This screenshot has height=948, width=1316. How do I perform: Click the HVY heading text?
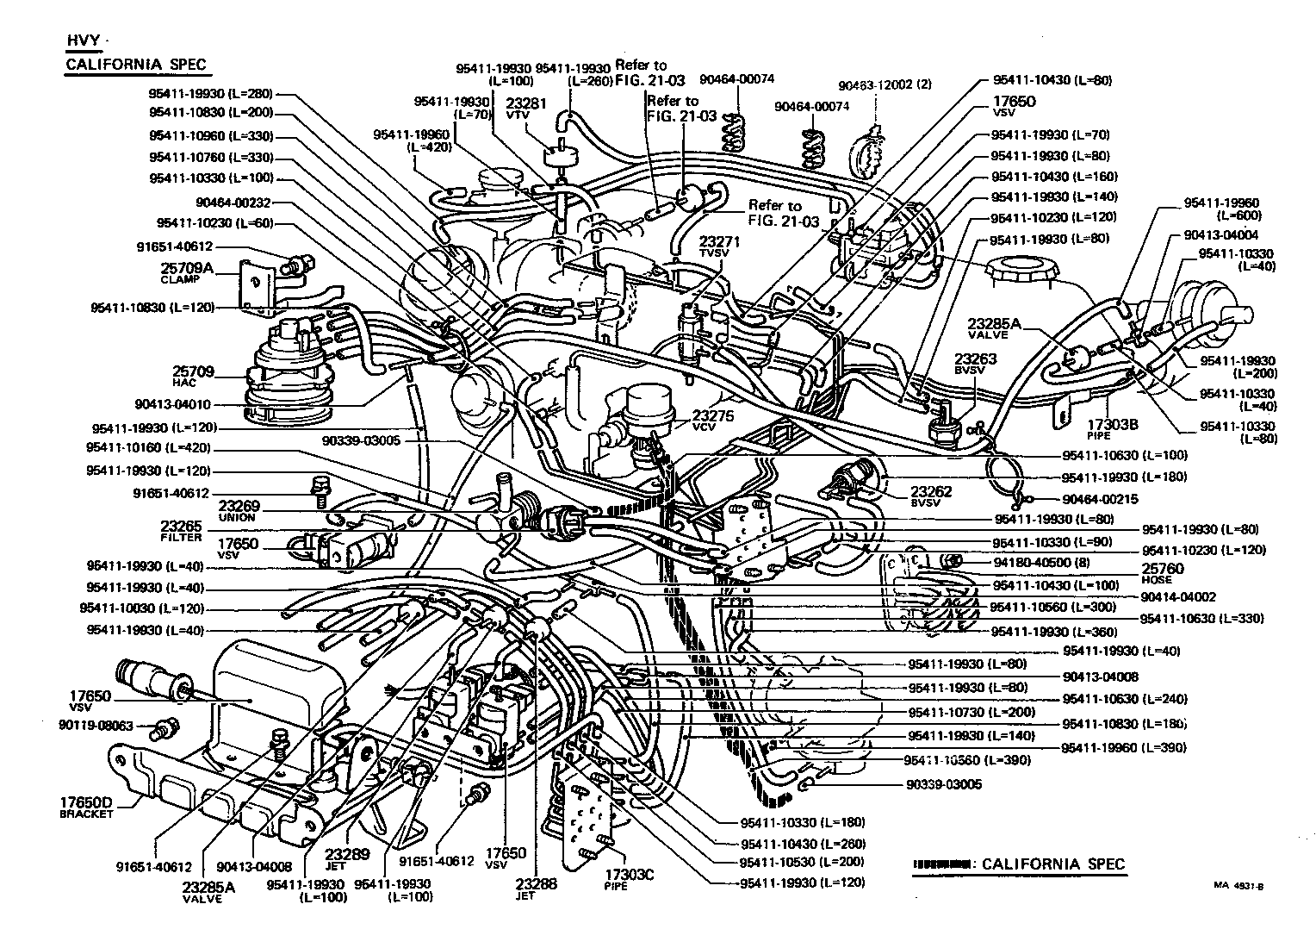pos(83,41)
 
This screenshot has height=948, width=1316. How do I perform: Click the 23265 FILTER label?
pos(181,530)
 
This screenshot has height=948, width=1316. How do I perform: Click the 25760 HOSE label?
pos(1162,573)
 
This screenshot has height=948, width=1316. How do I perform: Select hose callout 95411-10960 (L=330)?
pos(210,135)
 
